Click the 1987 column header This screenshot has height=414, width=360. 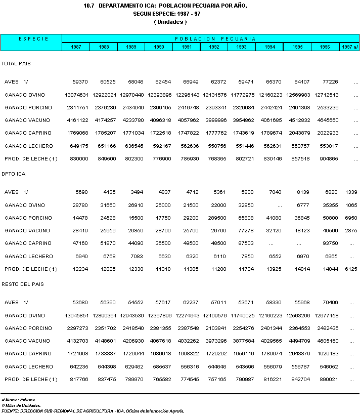pyautogui.click(x=76, y=47)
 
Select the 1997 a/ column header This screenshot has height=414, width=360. pyautogui.click(x=349, y=47)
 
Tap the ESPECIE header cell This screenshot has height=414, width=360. pyautogui.click(x=31, y=38)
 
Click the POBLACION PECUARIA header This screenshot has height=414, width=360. pyautogui.click(x=215, y=38)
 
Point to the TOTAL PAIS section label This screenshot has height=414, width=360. pyautogui.click(x=16, y=64)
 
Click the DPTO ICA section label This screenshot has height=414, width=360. pyautogui.click(x=13, y=174)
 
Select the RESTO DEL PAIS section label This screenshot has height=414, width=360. pyautogui.click(x=23, y=284)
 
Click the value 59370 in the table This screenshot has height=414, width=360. pyautogui.click(x=80, y=82)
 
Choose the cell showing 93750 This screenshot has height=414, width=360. pyautogui.click(x=331, y=243)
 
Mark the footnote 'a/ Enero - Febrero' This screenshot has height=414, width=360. pyautogui.click(x=18, y=399)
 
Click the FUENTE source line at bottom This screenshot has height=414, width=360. pyautogui.click(x=93, y=410)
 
